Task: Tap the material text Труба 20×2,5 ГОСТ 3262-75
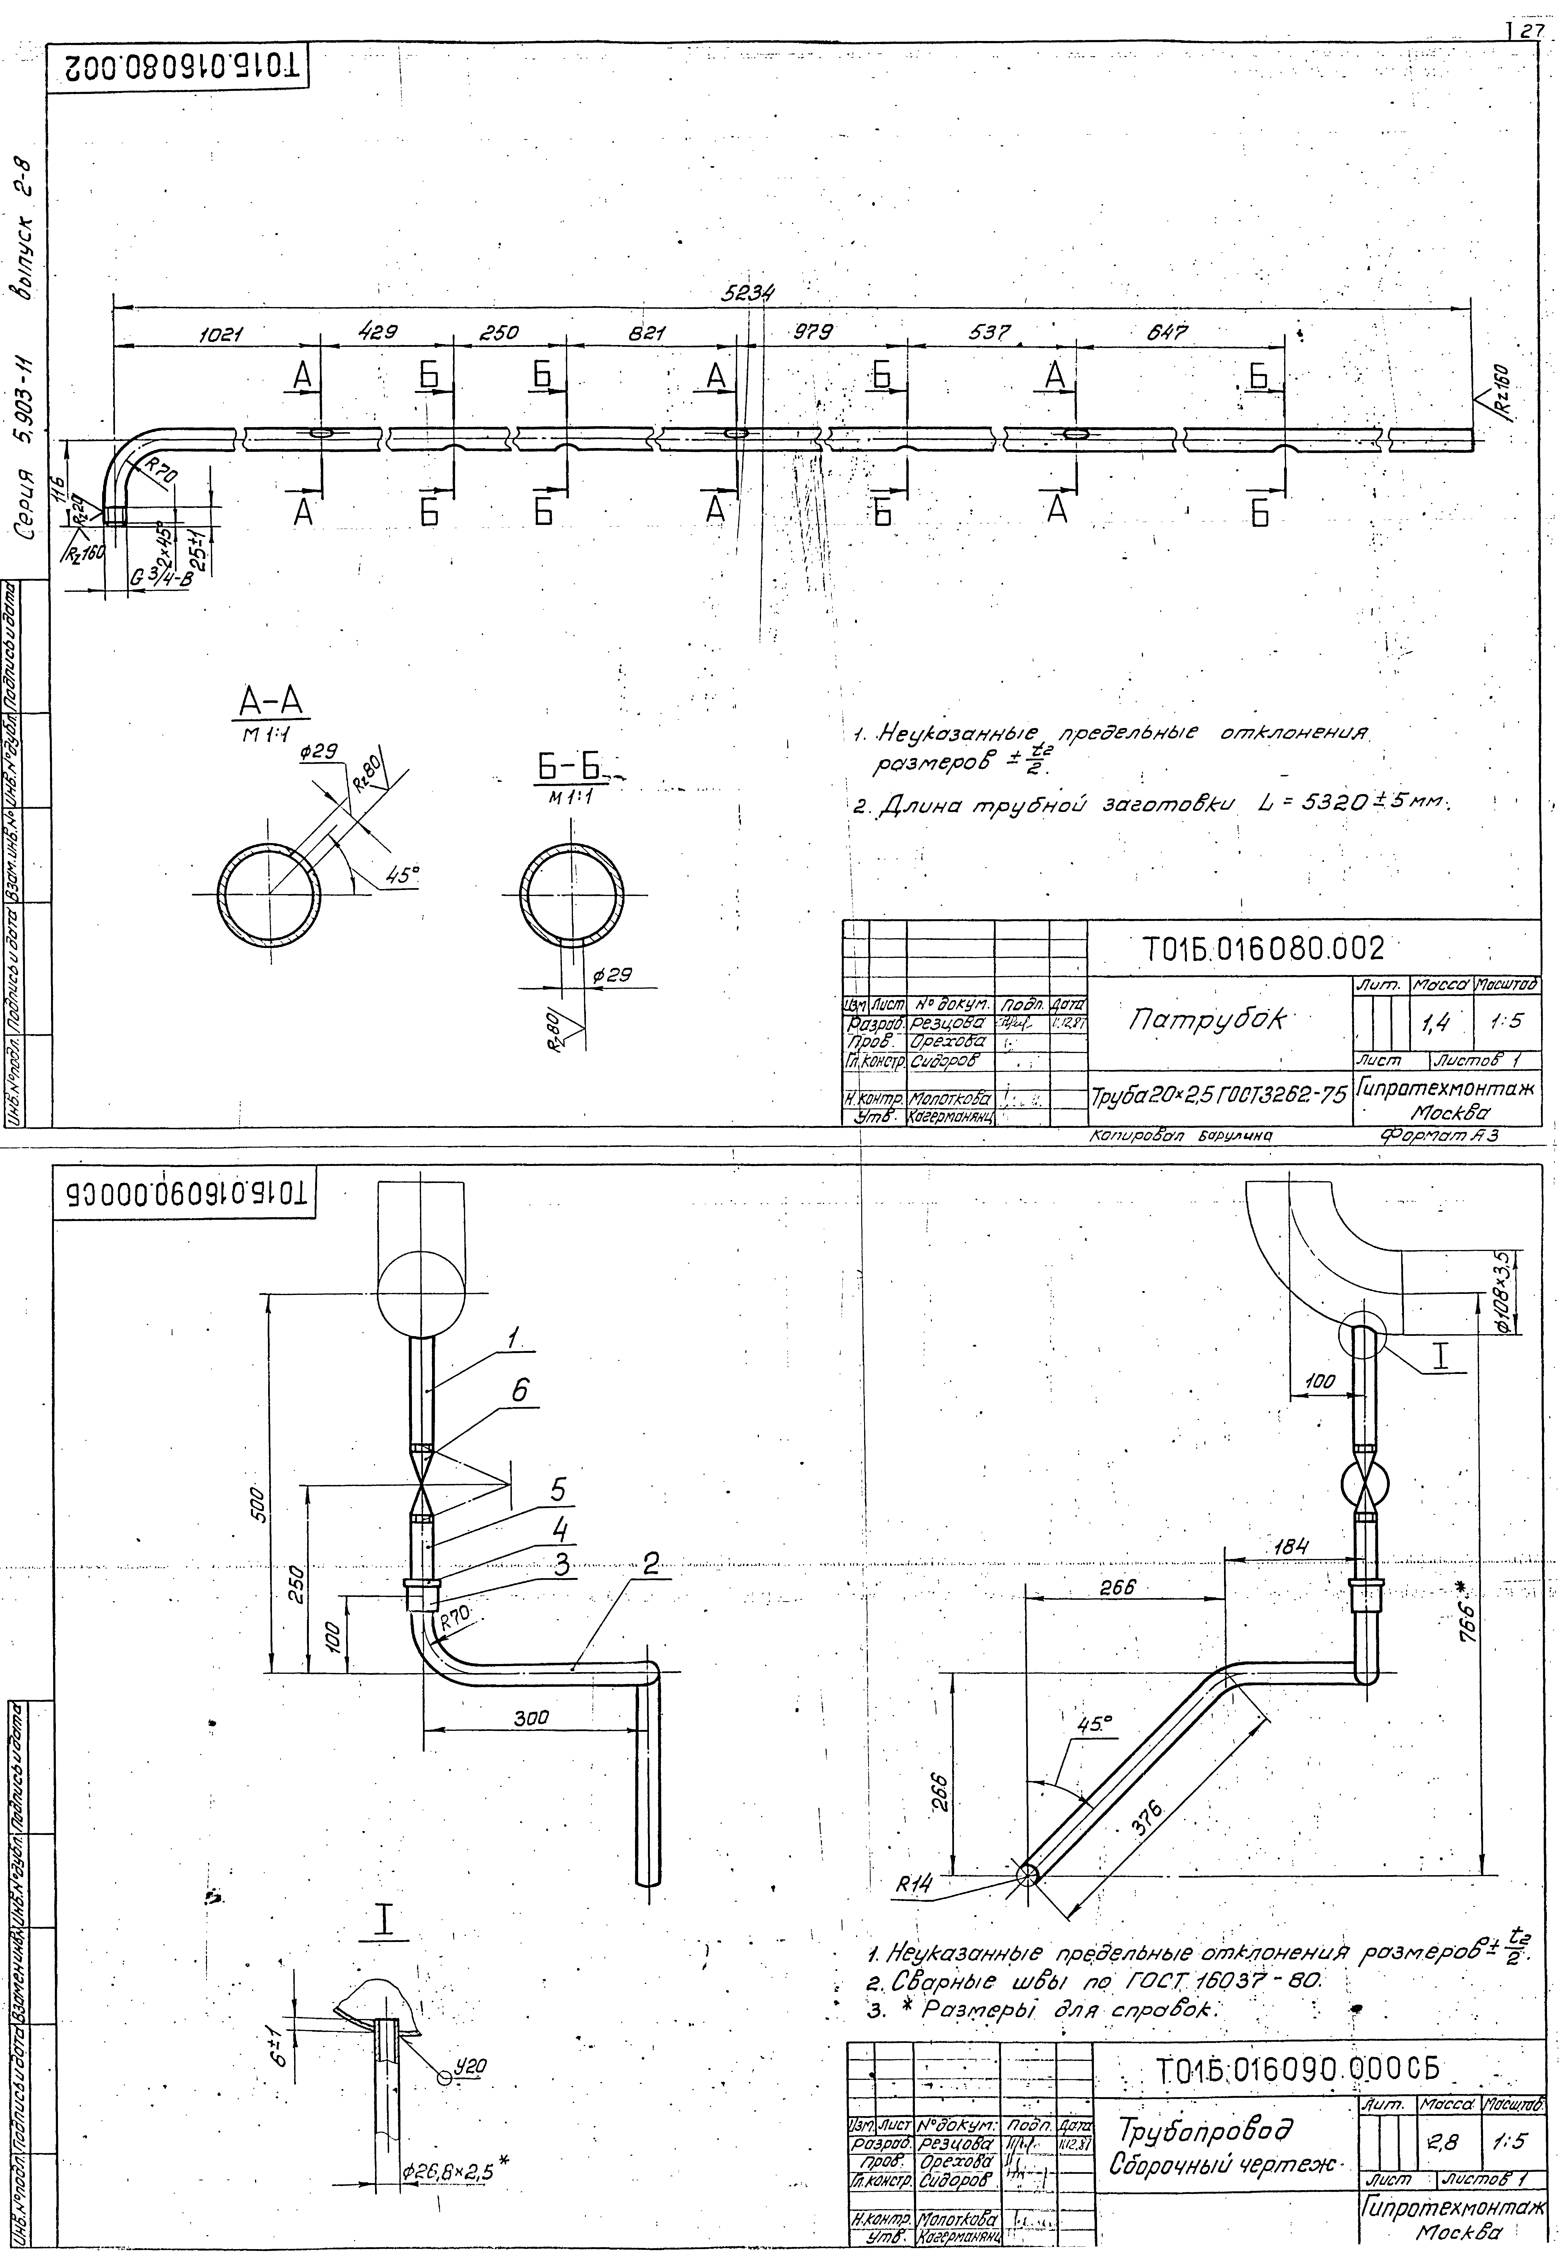click(x=1218, y=1095)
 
